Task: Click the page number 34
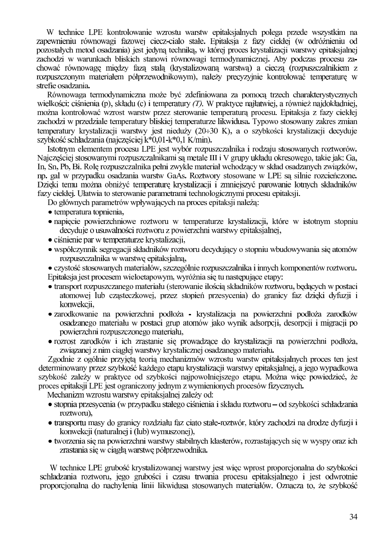[x=354, y=517]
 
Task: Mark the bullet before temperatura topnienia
[x=50, y=212]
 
